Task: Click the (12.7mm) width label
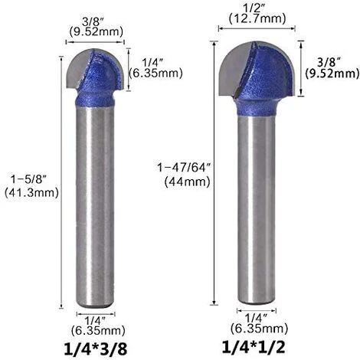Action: click(x=253, y=18)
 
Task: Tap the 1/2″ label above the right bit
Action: click(x=253, y=7)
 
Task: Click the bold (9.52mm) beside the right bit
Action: click(x=332, y=74)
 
